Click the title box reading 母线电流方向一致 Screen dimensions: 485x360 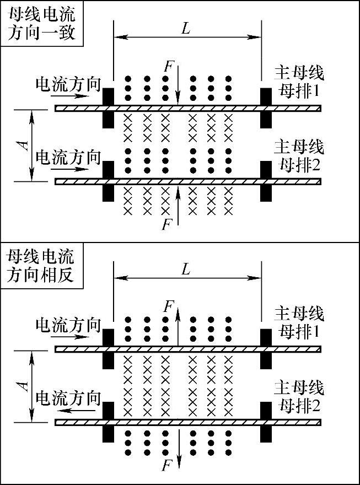[41, 25]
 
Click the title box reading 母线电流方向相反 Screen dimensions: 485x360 [41, 266]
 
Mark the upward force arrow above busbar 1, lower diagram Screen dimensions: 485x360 [178, 325]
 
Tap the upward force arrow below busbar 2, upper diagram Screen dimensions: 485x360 [178, 204]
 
